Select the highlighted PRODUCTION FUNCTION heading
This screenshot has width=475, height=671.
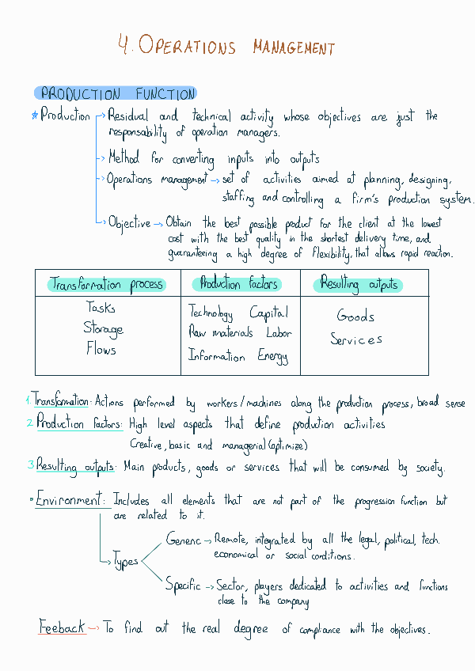coord(117,94)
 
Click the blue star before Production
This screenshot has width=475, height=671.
coord(34,116)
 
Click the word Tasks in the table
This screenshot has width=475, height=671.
coord(101,308)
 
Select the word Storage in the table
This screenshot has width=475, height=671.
coord(103,328)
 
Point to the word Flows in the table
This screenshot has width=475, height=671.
coord(101,349)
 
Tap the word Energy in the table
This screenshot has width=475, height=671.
coord(273,356)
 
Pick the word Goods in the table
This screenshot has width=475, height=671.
coord(355,317)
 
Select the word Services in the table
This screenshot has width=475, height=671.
coord(356,339)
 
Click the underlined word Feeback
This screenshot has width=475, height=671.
coord(62,627)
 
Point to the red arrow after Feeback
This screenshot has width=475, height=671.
coord(93,628)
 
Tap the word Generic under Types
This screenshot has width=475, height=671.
coord(184,540)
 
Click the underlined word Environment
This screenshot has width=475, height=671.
coord(70,501)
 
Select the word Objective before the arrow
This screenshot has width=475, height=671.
coord(129,223)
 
